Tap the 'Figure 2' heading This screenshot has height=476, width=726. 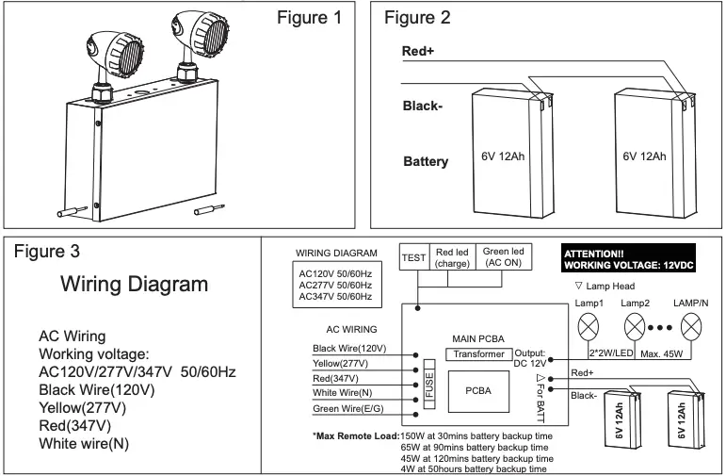tap(417, 19)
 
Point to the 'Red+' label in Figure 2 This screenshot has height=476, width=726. tap(417, 51)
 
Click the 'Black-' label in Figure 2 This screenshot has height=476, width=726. tap(423, 106)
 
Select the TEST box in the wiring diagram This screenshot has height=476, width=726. tap(414, 256)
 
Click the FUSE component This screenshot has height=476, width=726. tap(428, 386)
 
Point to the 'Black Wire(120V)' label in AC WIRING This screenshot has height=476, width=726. tap(348, 348)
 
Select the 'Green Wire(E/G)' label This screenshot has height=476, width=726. tap(348, 408)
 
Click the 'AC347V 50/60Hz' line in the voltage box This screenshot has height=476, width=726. tap(334, 297)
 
